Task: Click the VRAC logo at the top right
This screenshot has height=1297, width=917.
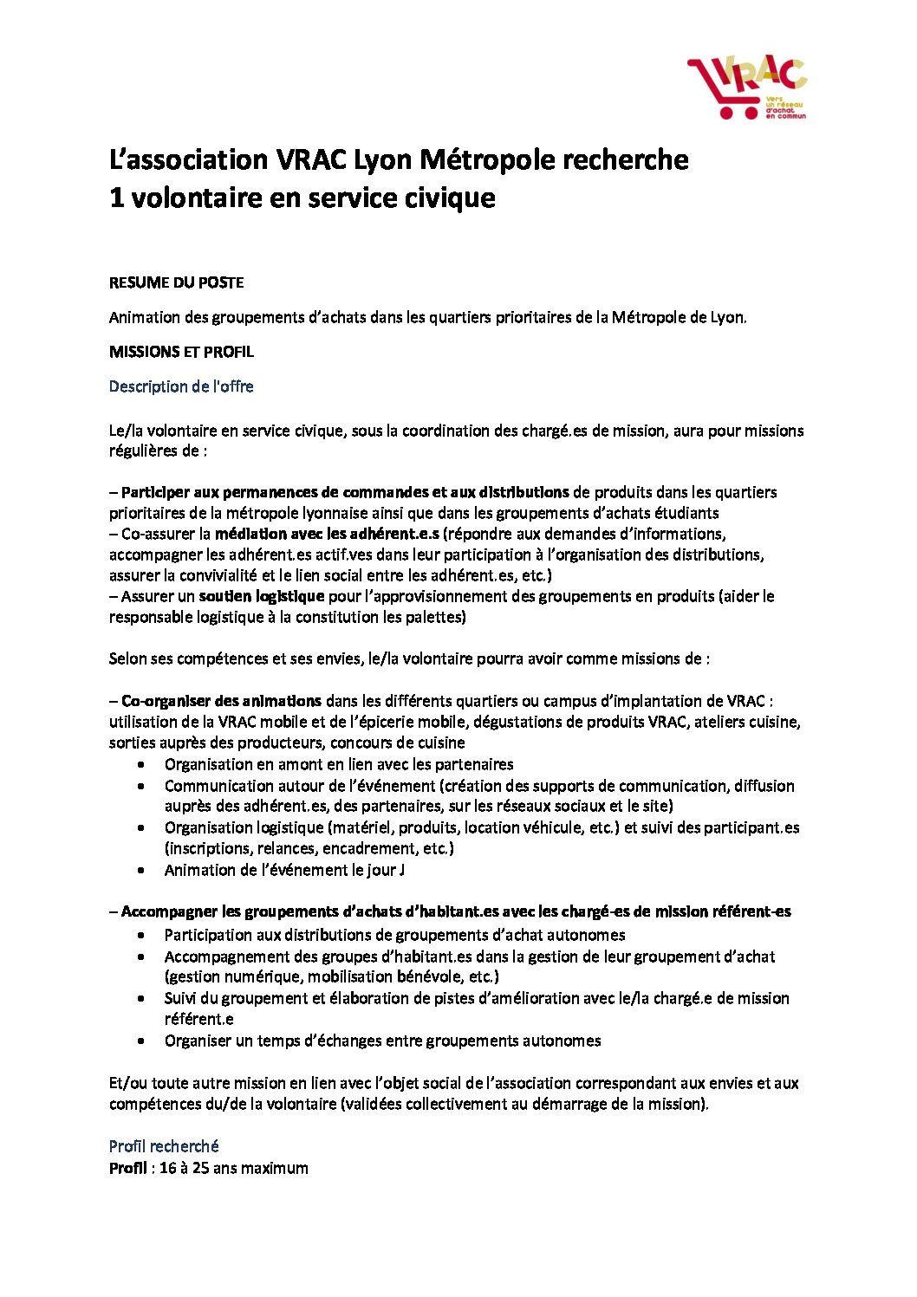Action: [747, 88]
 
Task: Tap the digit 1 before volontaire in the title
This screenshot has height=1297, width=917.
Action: [116, 198]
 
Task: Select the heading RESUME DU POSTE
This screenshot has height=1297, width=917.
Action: [176, 282]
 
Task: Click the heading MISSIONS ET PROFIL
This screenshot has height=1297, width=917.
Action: [181, 352]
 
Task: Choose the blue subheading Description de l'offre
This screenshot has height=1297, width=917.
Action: [181, 386]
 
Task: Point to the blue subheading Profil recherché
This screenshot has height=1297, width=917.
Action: [164, 1146]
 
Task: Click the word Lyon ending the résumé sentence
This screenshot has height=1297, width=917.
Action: [727, 317]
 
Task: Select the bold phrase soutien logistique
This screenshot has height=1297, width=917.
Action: [262, 596]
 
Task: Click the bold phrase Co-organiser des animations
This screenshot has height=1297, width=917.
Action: [221, 701]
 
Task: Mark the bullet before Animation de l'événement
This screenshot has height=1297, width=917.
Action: [141, 870]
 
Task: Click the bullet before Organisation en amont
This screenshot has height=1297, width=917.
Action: [141, 764]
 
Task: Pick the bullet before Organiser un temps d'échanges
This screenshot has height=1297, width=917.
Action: [141, 1041]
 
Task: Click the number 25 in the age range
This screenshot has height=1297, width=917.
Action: [200, 1168]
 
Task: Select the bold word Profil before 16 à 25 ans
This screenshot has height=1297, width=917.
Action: [127, 1168]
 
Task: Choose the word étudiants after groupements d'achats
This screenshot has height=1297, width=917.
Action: [686, 513]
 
